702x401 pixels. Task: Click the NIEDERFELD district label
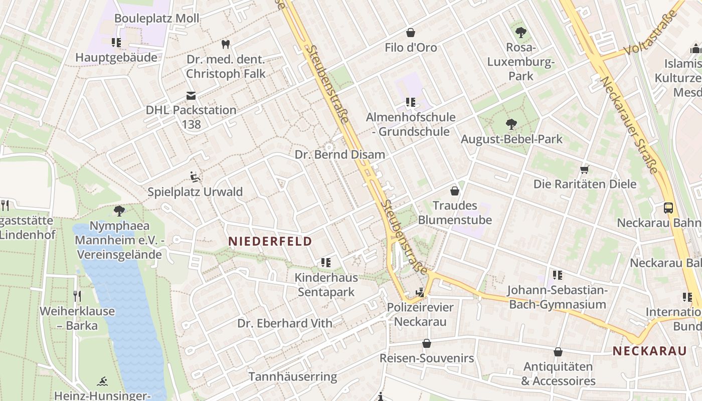[x=270, y=241]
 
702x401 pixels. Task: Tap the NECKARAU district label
[x=649, y=351]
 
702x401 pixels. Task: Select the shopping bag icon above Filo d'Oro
[x=411, y=33]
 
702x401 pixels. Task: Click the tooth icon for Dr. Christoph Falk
[x=226, y=44]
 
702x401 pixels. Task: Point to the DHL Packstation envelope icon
[x=191, y=95]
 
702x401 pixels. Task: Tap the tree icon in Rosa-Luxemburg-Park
[x=521, y=33]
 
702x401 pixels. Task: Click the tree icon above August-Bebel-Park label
[x=511, y=124]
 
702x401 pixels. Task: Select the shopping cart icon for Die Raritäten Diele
[x=584, y=169]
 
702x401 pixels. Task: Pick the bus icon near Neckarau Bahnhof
[x=668, y=208]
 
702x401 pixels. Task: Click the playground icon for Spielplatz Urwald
[x=195, y=176]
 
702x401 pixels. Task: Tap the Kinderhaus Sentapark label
[x=326, y=285]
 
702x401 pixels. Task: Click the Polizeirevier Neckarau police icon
[x=420, y=292]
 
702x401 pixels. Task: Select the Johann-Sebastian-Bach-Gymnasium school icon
[x=557, y=275]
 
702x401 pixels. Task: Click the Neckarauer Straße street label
[x=628, y=125]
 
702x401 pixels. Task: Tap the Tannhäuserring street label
[x=293, y=376]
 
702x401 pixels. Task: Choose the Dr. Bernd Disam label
[x=340, y=154]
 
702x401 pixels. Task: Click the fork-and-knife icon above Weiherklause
[x=77, y=296]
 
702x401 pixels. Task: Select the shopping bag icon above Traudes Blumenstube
[x=454, y=190]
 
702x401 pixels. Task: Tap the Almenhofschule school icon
[x=411, y=102]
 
